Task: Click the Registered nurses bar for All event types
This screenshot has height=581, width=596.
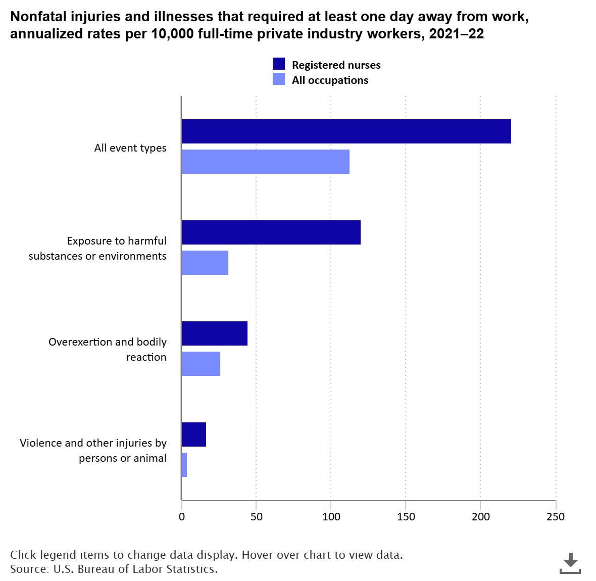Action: click(346, 131)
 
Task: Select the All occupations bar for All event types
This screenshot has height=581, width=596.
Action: click(265, 162)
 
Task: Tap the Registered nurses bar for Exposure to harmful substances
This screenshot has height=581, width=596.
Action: click(271, 232)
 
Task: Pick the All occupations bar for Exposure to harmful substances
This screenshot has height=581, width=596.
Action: click(205, 263)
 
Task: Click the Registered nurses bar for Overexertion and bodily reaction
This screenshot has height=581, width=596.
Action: click(214, 333)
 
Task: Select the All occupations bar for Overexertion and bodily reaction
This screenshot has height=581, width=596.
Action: click(201, 364)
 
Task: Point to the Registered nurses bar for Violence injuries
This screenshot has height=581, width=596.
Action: click(193, 434)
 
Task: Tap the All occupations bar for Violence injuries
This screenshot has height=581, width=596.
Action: click(184, 465)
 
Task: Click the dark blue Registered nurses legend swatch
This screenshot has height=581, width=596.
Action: click(279, 64)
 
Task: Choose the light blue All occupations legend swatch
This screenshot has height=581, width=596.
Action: click(279, 79)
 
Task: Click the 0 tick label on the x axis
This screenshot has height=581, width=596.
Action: click(181, 517)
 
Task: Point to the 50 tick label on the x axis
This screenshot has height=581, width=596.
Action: click(256, 517)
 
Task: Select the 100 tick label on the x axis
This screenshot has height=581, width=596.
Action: click(331, 517)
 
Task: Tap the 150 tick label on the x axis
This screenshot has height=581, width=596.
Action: click(406, 517)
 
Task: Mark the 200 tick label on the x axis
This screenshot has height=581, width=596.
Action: click(481, 517)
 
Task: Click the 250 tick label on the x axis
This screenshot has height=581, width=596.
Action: click(556, 517)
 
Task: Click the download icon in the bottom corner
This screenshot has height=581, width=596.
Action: click(570, 563)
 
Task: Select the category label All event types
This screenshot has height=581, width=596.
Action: click(130, 148)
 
